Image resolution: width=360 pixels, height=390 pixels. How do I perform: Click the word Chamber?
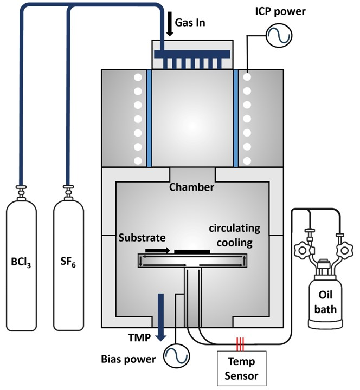click(191, 187)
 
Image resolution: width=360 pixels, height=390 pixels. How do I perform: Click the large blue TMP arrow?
click(161, 317)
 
